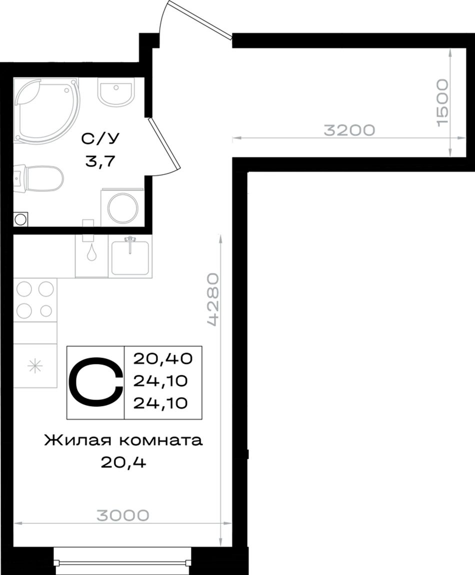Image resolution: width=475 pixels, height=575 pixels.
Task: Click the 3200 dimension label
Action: [349, 130]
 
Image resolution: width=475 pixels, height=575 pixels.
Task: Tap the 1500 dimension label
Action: [442, 102]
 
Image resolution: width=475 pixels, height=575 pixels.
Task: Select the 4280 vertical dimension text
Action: [213, 299]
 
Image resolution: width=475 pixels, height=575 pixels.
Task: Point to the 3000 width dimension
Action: [123, 515]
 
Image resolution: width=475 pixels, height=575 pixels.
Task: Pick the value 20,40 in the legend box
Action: [163, 358]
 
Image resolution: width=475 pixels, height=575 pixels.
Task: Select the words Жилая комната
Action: [123, 440]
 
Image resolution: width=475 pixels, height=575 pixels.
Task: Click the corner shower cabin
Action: [46, 108]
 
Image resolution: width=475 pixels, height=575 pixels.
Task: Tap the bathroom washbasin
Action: [115, 91]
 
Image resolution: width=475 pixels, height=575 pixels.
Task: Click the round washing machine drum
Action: [123, 207]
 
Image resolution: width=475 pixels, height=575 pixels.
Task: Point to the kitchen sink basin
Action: [130, 258]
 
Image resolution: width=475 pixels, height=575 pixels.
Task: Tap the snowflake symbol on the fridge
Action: [35, 365]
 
